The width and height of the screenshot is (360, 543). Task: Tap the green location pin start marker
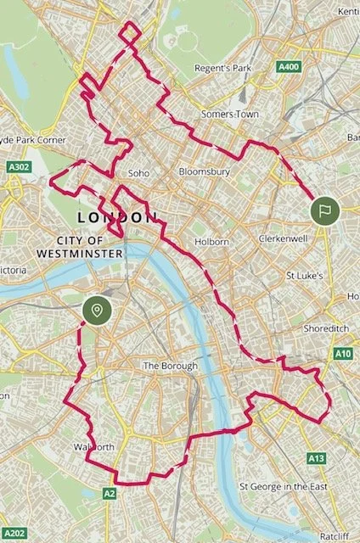pyautogui.click(x=97, y=311)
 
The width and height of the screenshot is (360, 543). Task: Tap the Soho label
pyautogui.click(x=138, y=173)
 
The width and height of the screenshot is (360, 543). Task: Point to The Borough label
pyautogui.click(x=170, y=366)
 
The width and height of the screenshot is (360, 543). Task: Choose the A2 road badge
pyautogui.click(x=109, y=493)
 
